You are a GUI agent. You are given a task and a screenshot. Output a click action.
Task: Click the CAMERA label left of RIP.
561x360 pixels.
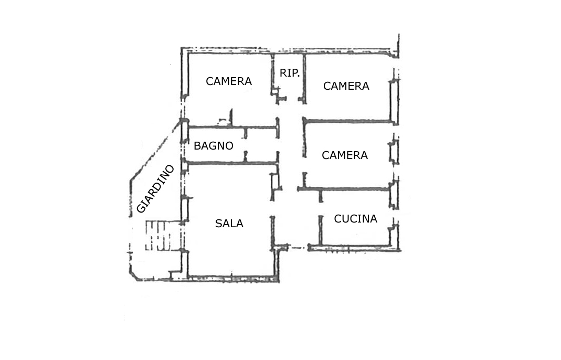pos(229,81)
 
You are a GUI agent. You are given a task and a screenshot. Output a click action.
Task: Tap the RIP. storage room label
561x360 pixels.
pos(290,73)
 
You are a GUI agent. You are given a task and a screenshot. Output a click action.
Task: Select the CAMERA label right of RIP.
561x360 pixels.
pos(346,86)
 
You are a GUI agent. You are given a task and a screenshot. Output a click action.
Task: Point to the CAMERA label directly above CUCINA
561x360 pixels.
pos(345,155)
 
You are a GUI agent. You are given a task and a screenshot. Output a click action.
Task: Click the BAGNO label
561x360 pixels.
pos(213,146)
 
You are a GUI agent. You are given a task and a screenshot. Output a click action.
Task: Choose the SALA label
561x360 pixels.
pos(229,224)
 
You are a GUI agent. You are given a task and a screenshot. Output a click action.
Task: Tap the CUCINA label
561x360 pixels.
pos(355,219)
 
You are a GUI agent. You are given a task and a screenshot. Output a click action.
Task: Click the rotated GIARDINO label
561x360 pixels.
pos(155,189)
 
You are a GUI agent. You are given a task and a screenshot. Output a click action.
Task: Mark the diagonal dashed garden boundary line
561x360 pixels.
pos(155,150)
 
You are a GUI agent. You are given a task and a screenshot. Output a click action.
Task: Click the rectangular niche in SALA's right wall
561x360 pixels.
pos(275,181)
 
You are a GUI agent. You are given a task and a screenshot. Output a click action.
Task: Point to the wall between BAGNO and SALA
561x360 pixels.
pos(232,163)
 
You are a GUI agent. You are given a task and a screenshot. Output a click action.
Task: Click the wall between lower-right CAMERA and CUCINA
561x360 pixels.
pos(344,189)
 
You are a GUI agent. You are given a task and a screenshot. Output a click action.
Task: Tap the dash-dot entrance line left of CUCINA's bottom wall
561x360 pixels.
pos(298,248)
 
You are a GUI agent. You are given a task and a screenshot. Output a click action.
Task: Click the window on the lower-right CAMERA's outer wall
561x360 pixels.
pos(394,152)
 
